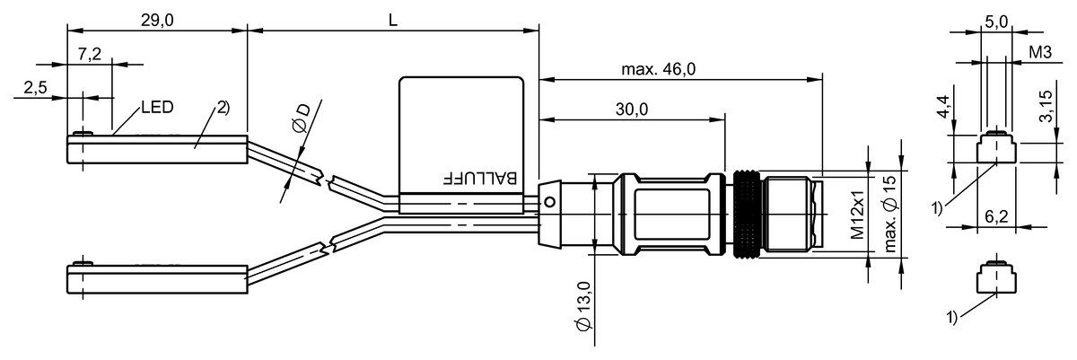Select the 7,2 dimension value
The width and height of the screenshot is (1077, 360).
pyautogui.click(x=89, y=55)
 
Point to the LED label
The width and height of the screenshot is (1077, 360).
pyautogui.click(x=156, y=107)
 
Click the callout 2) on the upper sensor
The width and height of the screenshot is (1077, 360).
pyautogui.click(x=223, y=108)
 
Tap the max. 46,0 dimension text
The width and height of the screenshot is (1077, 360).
pyautogui.click(x=659, y=69)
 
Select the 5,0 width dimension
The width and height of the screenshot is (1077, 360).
pyautogui.click(x=995, y=20)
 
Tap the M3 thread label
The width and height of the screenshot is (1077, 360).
pyautogui.click(x=1040, y=54)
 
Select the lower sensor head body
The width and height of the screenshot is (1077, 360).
pyautogui.click(x=157, y=279)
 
